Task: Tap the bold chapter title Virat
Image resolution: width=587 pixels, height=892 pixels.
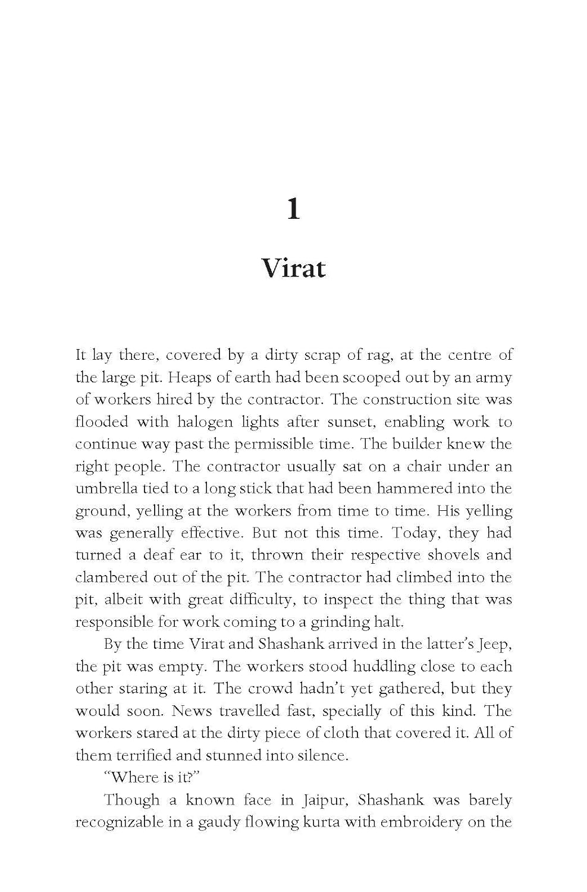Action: [x=293, y=268]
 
